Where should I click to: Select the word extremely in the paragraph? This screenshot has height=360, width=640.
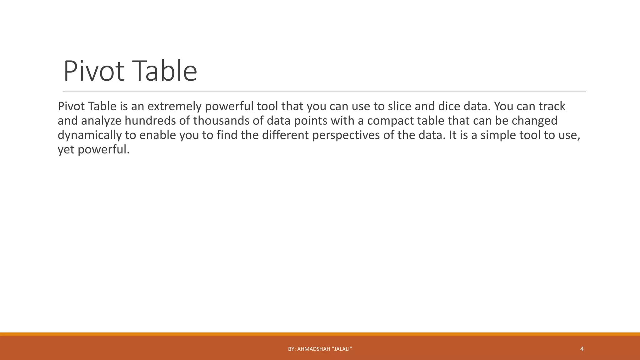[x=175, y=107]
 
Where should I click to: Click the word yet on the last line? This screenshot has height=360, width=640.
[x=66, y=150]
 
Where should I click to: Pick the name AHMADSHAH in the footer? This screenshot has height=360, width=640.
[x=314, y=349]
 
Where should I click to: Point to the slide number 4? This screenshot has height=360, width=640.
[x=582, y=349]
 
